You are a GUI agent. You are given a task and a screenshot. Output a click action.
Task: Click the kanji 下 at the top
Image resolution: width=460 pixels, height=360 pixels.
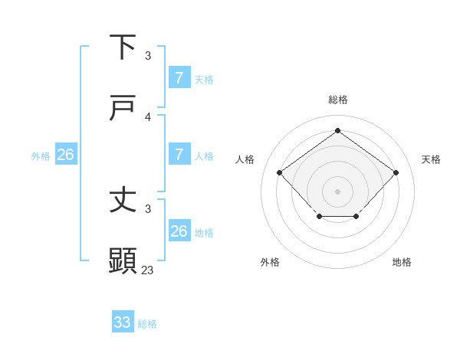click(123, 47)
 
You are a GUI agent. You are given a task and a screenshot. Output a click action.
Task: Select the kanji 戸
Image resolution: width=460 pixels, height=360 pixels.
click(123, 109)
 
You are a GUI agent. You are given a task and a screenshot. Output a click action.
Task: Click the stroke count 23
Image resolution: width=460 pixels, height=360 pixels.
click(148, 270)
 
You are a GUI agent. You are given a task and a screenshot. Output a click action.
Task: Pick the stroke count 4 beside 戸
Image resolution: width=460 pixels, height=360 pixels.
click(148, 116)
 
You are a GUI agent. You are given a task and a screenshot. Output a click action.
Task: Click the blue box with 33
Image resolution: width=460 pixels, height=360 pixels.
click(123, 322)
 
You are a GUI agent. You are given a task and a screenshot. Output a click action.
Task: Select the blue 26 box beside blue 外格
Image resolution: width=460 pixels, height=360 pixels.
click(65, 155)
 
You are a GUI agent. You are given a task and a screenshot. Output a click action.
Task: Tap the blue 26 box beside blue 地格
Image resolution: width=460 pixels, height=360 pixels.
click(179, 231)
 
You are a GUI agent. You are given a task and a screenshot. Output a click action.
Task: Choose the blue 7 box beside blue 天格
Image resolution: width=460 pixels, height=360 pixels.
click(179, 78)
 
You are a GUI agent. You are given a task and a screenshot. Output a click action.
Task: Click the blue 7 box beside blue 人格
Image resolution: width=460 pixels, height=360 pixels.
click(179, 155)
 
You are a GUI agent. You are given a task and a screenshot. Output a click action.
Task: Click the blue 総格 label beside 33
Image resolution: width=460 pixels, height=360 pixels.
click(147, 324)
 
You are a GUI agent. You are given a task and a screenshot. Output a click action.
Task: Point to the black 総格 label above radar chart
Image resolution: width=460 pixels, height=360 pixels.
click(337, 100)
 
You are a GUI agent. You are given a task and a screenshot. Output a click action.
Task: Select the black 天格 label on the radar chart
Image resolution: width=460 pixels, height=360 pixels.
click(431, 159)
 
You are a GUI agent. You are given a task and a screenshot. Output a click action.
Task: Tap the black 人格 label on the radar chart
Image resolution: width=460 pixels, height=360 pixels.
click(245, 159)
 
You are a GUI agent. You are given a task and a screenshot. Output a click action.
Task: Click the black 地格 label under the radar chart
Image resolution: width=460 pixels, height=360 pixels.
click(402, 262)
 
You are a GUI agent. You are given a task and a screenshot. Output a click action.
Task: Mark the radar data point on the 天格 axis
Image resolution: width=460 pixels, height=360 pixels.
click(396, 172)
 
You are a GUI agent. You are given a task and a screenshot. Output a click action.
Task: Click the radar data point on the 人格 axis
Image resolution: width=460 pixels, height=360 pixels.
click(280, 172)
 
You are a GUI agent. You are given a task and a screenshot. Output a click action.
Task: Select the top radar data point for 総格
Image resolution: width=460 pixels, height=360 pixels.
click(337, 131)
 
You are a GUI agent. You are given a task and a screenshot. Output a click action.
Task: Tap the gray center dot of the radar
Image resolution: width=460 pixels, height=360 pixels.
click(337, 191)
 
